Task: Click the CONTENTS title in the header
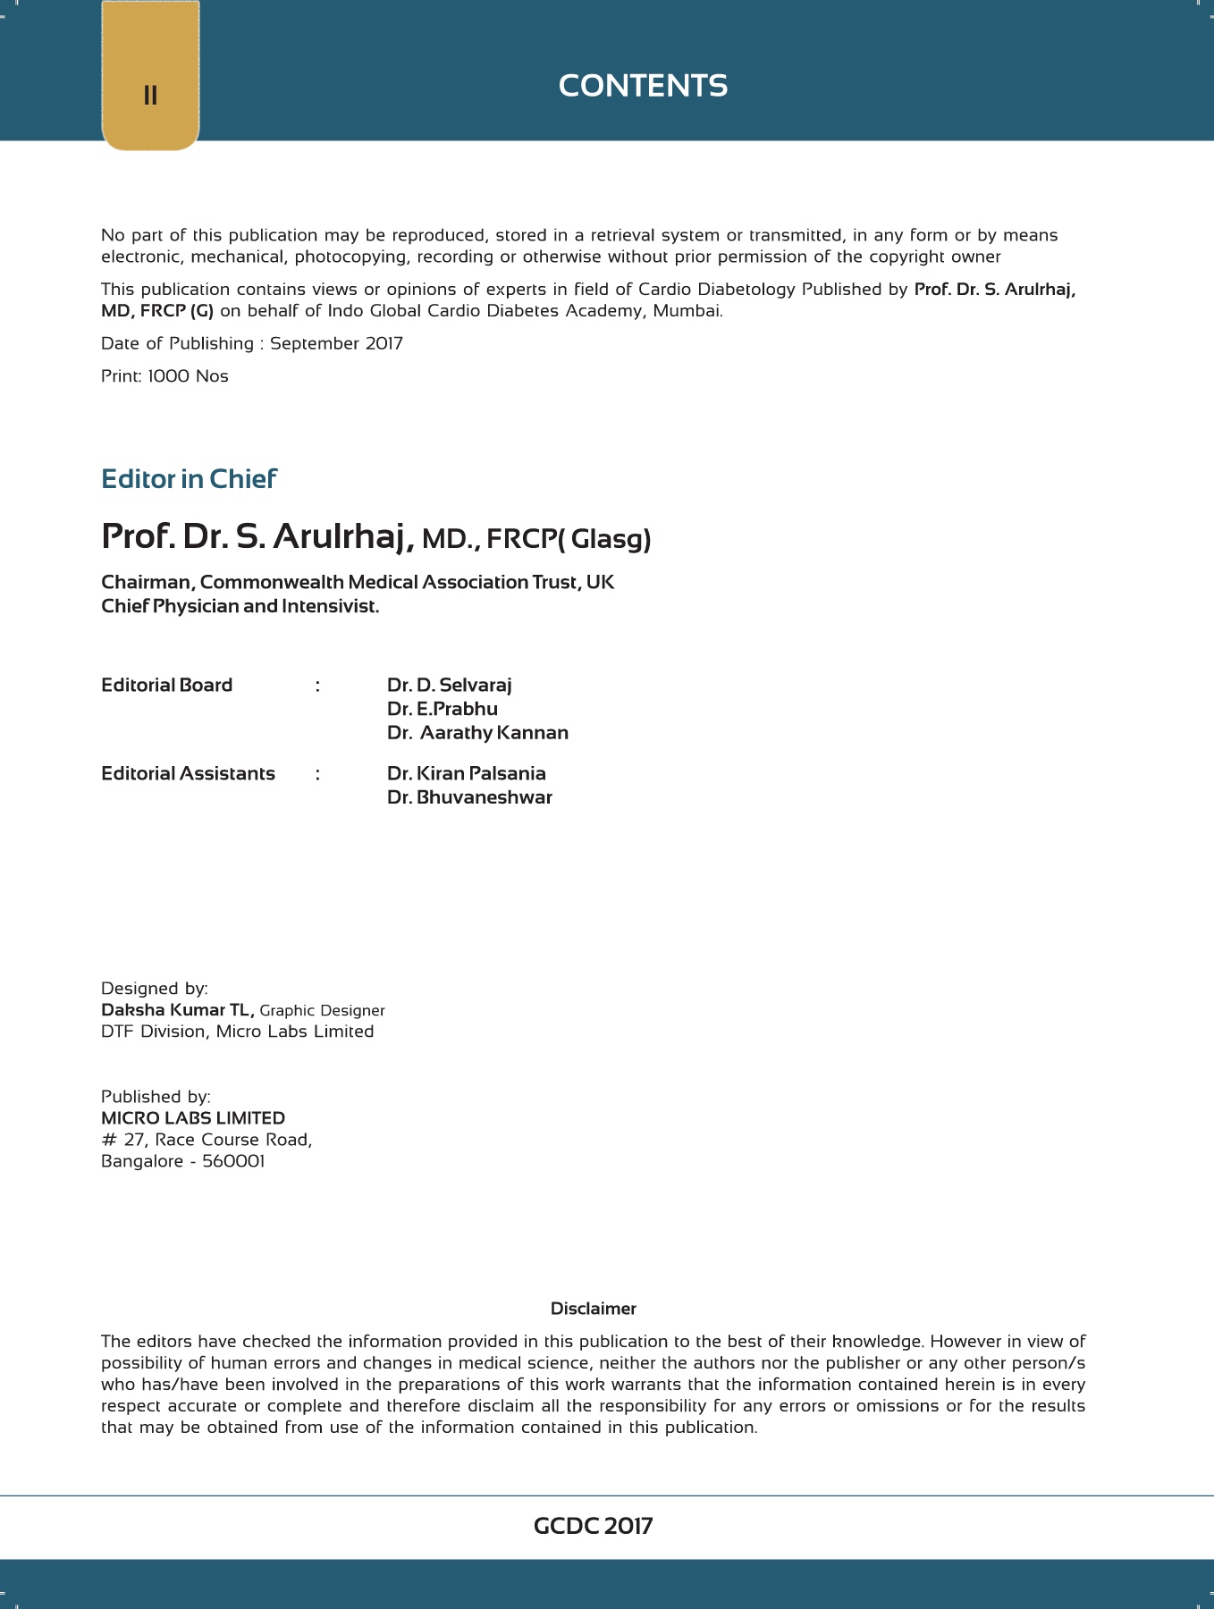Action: pyautogui.click(x=643, y=86)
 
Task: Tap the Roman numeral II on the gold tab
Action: pyautogui.click(x=150, y=96)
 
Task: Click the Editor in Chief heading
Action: pyautogui.click(x=189, y=479)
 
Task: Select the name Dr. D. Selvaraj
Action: pyautogui.click(x=449, y=686)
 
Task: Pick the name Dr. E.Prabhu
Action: pyautogui.click(x=442, y=709)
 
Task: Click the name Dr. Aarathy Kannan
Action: pyautogui.click(x=477, y=733)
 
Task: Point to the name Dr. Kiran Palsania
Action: pyautogui.click(x=466, y=774)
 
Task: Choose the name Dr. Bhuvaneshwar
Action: pyautogui.click(x=469, y=797)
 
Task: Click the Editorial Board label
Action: pyautogui.click(x=166, y=686)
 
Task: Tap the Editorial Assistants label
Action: pyautogui.click(x=188, y=774)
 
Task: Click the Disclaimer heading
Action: pyautogui.click(x=593, y=1309)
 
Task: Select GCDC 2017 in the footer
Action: pyautogui.click(x=593, y=1526)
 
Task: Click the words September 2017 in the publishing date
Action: pyautogui.click(x=336, y=344)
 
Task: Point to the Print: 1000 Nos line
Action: pyautogui.click(x=164, y=376)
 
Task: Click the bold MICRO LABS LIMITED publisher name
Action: pyautogui.click(x=193, y=1118)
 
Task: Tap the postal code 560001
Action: pyautogui.click(x=233, y=1161)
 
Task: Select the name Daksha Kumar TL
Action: pyautogui.click(x=177, y=1010)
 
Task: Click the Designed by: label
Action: pyautogui.click(x=154, y=989)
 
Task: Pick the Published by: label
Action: pyautogui.click(x=156, y=1097)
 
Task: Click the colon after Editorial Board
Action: pyautogui.click(x=317, y=686)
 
